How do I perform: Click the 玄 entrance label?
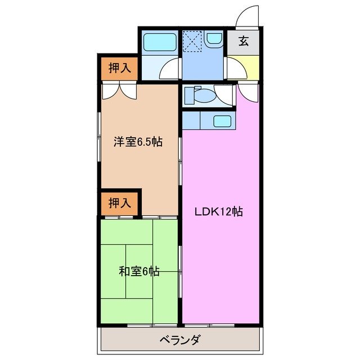click(x=244, y=41)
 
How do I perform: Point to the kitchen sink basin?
click(x=222, y=121)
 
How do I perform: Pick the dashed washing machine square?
click(x=192, y=40)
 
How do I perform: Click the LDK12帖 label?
click(x=219, y=212)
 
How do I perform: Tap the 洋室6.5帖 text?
click(x=138, y=142)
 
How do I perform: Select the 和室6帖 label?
click(x=139, y=272)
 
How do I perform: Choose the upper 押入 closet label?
click(x=120, y=69)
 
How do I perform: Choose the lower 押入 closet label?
click(x=120, y=202)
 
